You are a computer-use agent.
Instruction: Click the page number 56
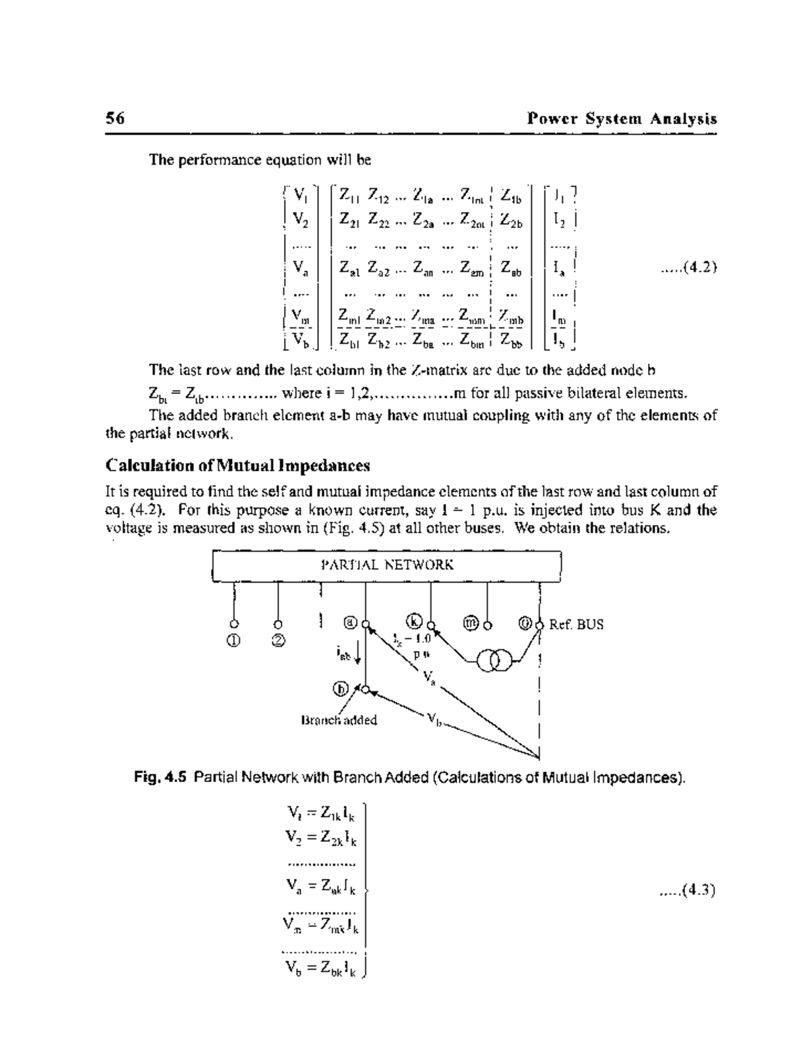tap(115, 119)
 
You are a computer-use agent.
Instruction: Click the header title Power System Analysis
tap(622, 119)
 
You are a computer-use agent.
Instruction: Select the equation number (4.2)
tap(689, 268)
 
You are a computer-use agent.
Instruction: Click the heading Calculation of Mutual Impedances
tap(238, 466)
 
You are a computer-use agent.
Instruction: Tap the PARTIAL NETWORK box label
tap(386, 565)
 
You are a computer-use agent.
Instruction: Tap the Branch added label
tap(339, 720)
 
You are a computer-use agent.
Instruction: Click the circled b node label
tap(341, 689)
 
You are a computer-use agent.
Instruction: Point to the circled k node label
tap(414, 621)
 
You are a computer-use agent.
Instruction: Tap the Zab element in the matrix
tap(511, 268)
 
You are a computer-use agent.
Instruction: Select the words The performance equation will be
tap(260, 160)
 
